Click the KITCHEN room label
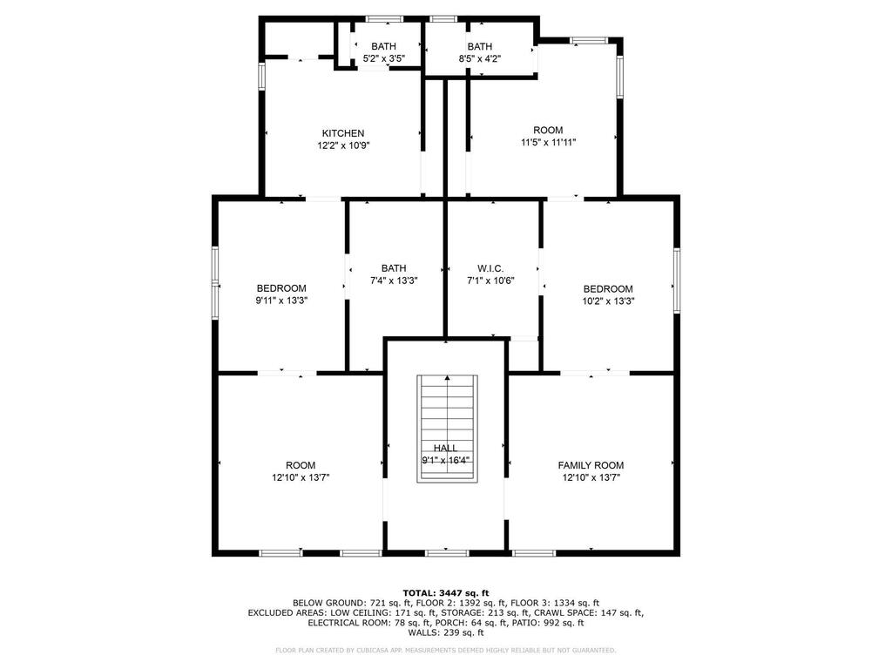(x=343, y=133)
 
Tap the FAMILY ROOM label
(x=591, y=465)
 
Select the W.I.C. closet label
(x=490, y=268)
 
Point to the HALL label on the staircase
(x=445, y=449)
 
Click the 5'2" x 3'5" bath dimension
(x=384, y=58)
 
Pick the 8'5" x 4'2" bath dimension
(x=480, y=58)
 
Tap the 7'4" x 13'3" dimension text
(x=394, y=280)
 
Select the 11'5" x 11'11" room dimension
(x=549, y=142)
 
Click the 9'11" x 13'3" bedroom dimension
(x=281, y=301)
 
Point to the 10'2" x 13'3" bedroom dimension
(x=608, y=301)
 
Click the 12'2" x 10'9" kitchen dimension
(x=343, y=145)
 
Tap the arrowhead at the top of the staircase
(x=448, y=378)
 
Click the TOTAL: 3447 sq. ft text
(x=446, y=593)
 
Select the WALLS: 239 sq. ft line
(x=446, y=632)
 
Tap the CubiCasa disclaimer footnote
(x=445, y=650)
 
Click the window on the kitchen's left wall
(x=261, y=77)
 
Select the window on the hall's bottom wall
(x=447, y=552)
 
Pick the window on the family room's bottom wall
(x=534, y=552)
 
